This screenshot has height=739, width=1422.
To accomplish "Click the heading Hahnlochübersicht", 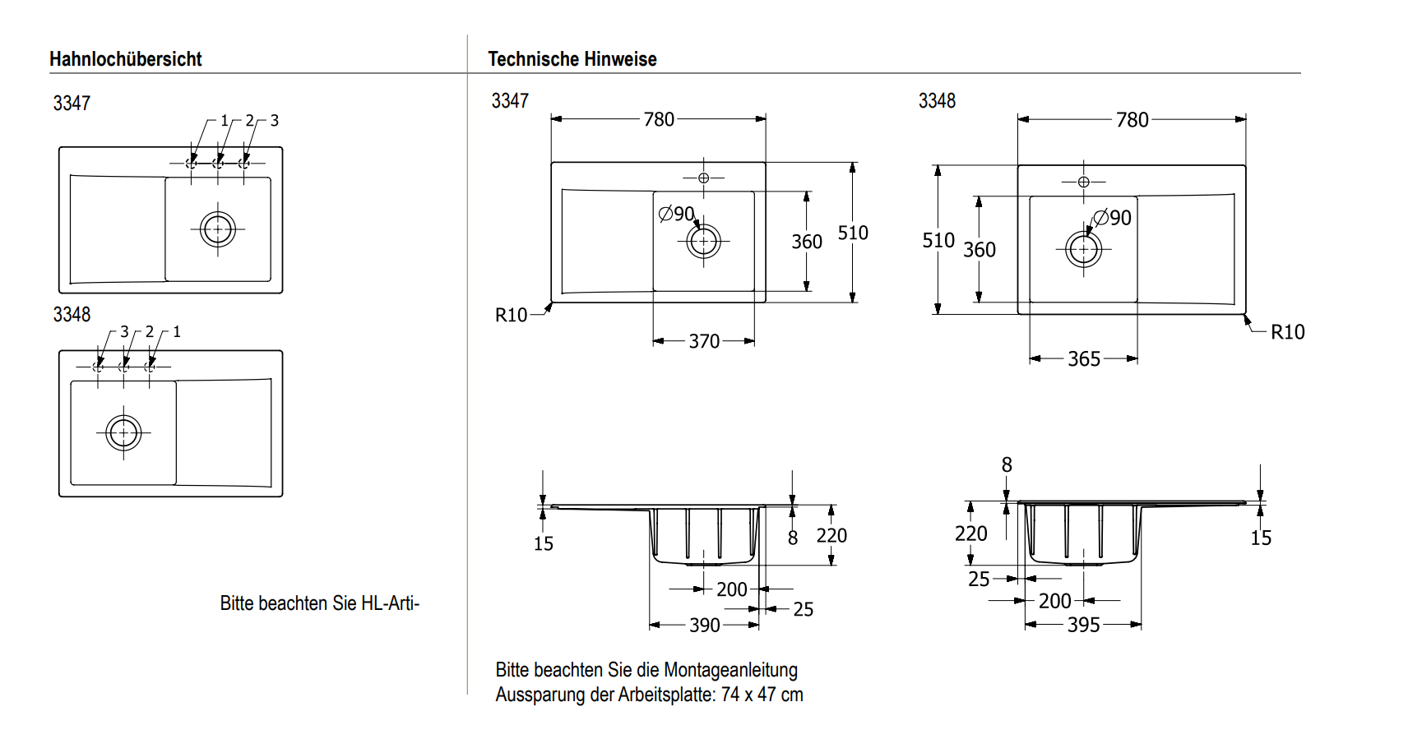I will [x=125, y=59].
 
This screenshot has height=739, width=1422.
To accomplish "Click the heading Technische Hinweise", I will [x=572, y=59].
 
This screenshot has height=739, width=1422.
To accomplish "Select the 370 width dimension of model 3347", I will [x=704, y=341].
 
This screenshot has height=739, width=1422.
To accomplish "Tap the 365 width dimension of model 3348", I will [x=1084, y=358].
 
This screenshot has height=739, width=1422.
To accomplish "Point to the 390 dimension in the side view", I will [x=705, y=626].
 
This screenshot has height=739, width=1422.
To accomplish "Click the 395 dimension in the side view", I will [x=1084, y=626].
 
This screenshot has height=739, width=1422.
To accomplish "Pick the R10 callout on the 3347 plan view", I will [x=511, y=315].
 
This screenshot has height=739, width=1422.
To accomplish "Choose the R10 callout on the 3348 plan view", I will [x=1287, y=332].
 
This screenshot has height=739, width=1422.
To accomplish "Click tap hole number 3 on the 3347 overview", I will [x=274, y=121].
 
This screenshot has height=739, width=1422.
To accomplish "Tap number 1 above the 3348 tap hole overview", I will [x=176, y=332].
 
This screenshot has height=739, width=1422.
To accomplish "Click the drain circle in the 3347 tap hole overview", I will [x=218, y=229].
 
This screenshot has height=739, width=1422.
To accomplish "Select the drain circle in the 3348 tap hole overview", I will [x=123, y=432].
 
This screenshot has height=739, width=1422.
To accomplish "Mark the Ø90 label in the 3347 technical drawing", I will [x=677, y=214].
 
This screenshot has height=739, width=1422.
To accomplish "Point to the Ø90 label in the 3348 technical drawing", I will [x=1113, y=218].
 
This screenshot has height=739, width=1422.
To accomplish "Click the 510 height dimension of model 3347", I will [x=853, y=233].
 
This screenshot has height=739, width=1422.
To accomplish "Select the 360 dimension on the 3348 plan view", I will [x=980, y=250].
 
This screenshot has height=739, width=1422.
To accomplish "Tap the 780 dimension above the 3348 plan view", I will [x=1132, y=120].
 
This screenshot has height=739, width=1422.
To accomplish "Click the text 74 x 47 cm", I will [x=762, y=695].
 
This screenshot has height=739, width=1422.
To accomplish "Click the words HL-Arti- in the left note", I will [x=390, y=603].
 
